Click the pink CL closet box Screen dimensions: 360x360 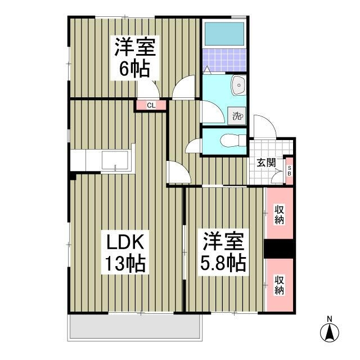pyautogui.click(x=151, y=105)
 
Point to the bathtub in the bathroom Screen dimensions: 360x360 pyautogui.click(x=224, y=35)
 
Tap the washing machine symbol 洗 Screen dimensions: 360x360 pyautogui.click(x=237, y=117)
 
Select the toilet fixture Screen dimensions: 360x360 pyautogui.click(x=229, y=141)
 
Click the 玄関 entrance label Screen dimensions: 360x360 pyautogui.click(x=266, y=163)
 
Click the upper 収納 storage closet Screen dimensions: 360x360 pyautogui.click(x=279, y=215)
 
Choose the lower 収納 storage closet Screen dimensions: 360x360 pyautogui.click(x=279, y=286)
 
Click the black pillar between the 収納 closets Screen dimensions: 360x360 pyautogui.click(x=279, y=249)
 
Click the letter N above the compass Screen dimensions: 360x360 pyautogui.click(x=330, y=319)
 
